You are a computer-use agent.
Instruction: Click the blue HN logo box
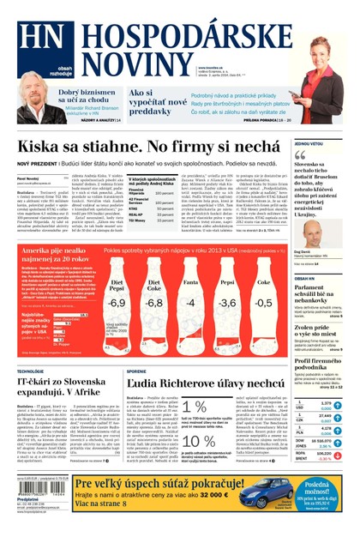click(35, 34)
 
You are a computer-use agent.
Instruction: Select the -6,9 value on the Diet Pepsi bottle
click(117, 303)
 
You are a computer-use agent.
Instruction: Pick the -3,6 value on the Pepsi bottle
click(227, 303)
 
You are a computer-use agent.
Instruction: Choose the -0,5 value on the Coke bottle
click(263, 303)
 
